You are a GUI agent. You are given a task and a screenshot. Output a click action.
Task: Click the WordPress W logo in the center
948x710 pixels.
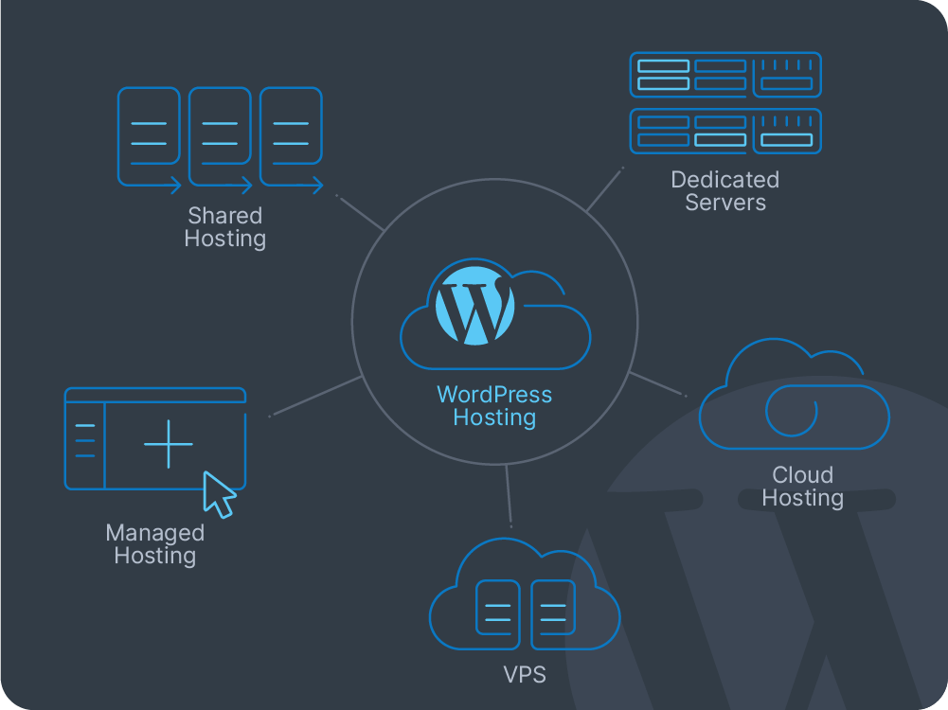(x=474, y=306)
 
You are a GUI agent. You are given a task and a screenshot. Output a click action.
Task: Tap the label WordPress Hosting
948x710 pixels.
(x=494, y=406)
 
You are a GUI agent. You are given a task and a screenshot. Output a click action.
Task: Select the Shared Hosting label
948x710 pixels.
(x=224, y=227)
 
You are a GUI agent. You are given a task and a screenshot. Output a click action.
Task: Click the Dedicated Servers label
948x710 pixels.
(x=725, y=190)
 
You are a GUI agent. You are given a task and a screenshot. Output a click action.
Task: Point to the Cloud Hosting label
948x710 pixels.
(x=802, y=486)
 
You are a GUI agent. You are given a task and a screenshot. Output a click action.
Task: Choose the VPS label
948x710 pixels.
(x=524, y=676)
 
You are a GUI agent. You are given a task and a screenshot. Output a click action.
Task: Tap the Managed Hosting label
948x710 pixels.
(x=154, y=544)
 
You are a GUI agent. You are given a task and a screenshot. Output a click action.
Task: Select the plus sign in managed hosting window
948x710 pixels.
(x=169, y=444)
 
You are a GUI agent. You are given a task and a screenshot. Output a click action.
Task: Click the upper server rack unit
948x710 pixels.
(x=725, y=75)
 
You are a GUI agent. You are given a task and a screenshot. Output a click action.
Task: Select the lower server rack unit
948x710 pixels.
(x=725, y=132)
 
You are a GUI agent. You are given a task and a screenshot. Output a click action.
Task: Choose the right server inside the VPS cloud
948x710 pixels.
(x=553, y=614)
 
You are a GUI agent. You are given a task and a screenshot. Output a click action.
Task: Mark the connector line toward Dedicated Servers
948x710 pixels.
(x=604, y=189)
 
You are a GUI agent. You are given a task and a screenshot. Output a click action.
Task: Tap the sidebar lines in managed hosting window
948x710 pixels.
(x=84, y=441)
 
